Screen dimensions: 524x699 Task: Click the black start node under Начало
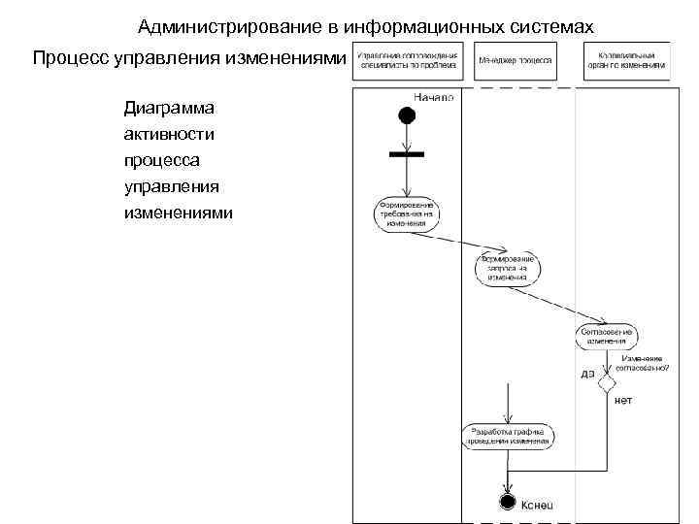[x=406, y=115]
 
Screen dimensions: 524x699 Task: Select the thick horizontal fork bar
[x=406, y=153]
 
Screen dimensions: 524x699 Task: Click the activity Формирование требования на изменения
[x=406, y=213]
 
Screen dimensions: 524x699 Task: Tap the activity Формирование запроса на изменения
[x=508, y=268]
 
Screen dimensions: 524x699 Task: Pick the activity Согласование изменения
[x=606, y=335]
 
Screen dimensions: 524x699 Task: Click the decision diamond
[x=607, y=383]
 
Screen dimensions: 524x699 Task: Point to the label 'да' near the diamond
[x=587, y=376]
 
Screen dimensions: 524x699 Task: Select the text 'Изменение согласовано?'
[x=637, y=363]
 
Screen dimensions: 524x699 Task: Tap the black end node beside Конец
[x=507, y=502]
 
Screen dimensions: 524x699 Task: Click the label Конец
[x=538, y=505]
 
